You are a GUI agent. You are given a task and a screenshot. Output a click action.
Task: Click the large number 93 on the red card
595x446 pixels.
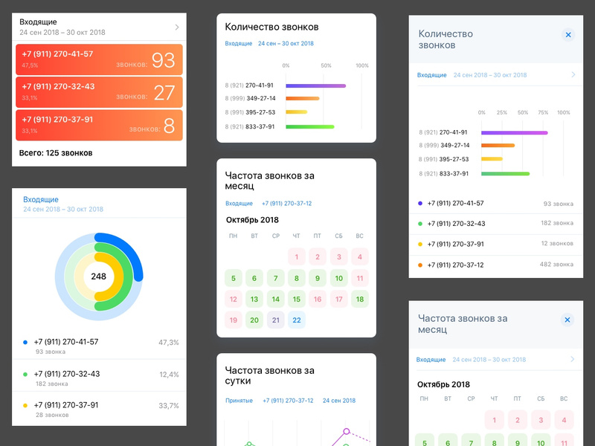163,59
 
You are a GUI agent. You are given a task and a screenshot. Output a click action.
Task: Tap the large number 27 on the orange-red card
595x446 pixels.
164,92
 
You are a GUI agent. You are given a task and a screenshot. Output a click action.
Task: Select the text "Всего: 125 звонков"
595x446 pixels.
56,153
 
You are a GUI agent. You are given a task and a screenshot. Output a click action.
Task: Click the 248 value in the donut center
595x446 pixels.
99,277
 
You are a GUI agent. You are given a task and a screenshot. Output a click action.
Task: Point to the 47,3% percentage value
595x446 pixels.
169,343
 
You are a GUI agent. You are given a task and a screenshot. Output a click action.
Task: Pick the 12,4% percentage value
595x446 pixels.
169,375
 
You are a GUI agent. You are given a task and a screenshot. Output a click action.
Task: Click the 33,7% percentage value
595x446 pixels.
169,406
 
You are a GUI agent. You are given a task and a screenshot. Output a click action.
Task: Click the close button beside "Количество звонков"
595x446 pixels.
567,35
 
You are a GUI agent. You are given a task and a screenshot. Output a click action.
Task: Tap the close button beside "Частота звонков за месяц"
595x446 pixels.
567,320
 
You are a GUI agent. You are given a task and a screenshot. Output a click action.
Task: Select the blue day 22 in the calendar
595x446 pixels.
296,320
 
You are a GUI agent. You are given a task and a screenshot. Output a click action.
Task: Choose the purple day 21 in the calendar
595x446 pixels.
275,320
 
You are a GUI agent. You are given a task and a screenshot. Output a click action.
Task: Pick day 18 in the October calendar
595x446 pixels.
360,300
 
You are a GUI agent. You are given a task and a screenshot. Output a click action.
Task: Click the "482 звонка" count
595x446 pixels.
557,265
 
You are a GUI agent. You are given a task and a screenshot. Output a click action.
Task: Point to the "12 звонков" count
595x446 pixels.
557,244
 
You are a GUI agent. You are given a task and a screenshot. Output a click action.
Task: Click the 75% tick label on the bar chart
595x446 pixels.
543,113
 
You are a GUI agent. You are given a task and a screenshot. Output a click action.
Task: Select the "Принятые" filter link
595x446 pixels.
239,401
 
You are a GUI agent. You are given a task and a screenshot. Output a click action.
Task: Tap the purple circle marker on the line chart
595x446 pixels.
346,431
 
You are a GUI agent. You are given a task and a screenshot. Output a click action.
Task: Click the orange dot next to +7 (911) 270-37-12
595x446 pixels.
421,265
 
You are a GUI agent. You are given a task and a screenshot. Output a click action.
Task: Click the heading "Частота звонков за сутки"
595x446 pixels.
269,375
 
